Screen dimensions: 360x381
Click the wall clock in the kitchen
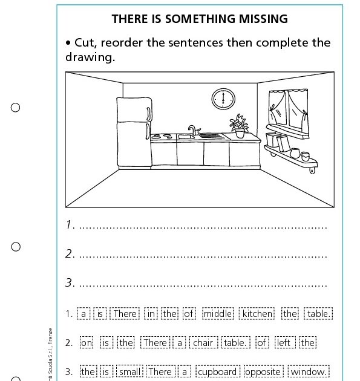click(x=223, y=98)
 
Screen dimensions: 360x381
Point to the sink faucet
click(x=192, y=130)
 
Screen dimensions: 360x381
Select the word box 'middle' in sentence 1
click(x=217, y=313)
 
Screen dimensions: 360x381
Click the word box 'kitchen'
click(x=257, y=313)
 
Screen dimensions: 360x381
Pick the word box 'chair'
click(x=203, y=343)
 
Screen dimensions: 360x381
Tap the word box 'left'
click(x=283, y=343)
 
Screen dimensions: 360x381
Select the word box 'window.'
click(x=309, y=372)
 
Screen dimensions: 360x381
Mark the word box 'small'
click(x=129, y=372)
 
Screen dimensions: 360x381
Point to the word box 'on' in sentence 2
click(x=87, y=343)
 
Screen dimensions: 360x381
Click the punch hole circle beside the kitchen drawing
click(x=16, y=108)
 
